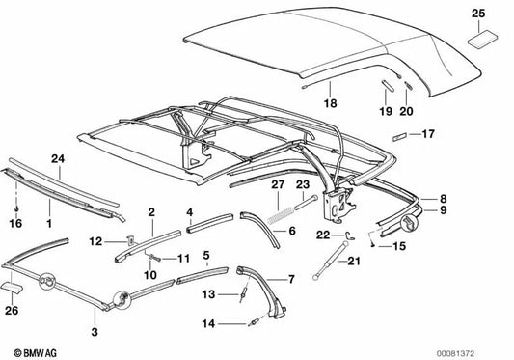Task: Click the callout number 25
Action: (478, 14)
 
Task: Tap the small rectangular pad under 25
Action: (482, 39)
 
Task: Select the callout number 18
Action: (330, 103)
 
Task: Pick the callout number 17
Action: (428, 134)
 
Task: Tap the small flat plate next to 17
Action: (399, 137)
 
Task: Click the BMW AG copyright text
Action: (35, 353)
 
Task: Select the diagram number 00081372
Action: (455, 354)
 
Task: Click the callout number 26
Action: (12, 310)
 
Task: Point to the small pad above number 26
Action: (13, 287)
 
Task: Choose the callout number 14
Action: (208, 324)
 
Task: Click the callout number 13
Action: (208, 294)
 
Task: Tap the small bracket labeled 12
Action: (130, 241)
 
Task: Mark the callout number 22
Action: (323, 235)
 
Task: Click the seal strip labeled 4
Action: (210, 223)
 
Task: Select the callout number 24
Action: (58, 159)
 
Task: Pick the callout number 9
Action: (444, 209)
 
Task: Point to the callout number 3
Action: (95, 332)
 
